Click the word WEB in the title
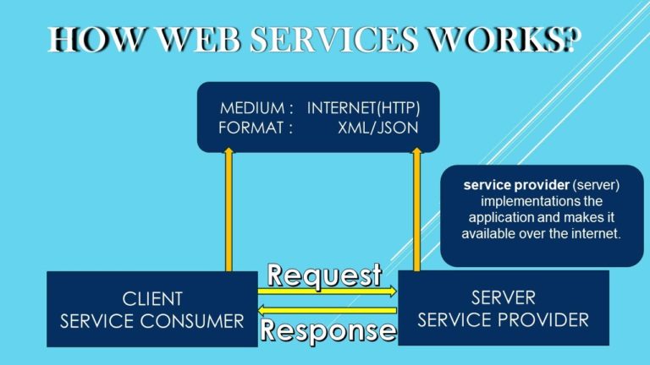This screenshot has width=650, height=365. click(187, 40)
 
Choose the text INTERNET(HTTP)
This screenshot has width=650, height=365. click(363, 109)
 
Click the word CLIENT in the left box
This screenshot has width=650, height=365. click(151, 300)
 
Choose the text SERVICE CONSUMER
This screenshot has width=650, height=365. click(151, 320)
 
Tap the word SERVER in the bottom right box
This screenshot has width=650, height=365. click(503, 299)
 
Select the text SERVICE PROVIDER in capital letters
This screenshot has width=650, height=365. click(503, 319)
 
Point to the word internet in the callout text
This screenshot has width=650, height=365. click(596, 233)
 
